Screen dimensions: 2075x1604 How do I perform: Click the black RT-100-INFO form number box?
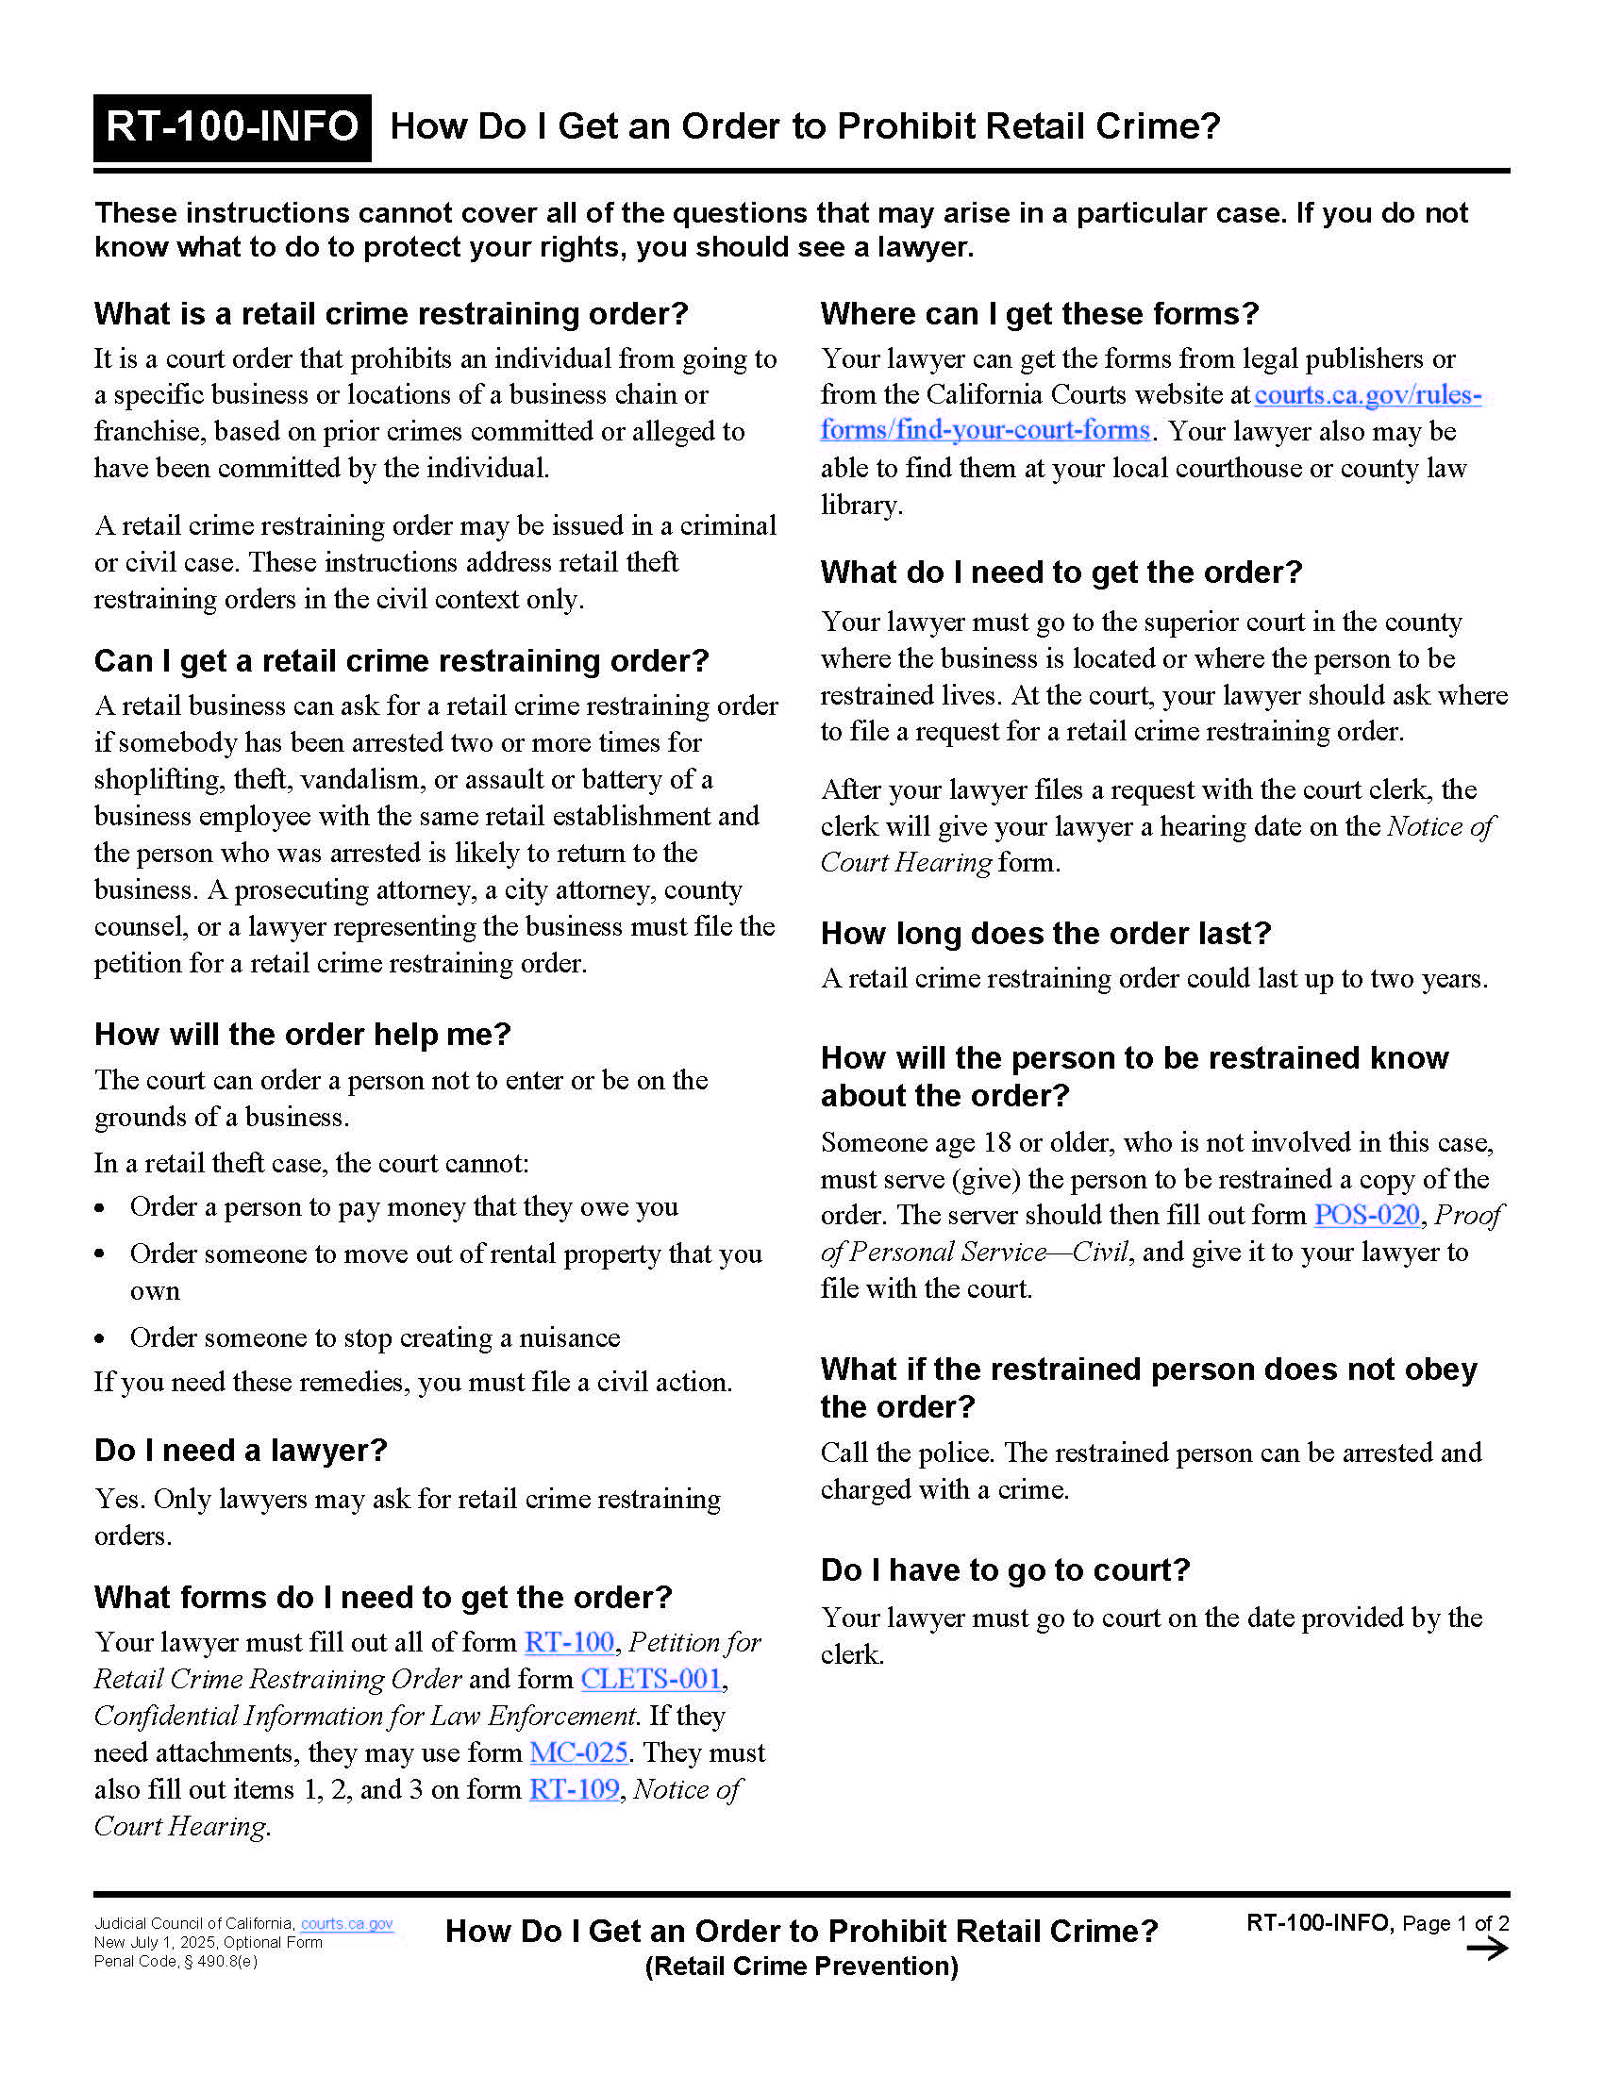pos(232,127)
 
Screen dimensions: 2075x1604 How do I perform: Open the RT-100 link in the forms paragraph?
pos(569,1642)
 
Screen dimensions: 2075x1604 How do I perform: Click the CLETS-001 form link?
pos(652,1679)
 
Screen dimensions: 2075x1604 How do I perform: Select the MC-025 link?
pos(578,1752)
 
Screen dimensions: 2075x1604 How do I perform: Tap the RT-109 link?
pos(574,1789)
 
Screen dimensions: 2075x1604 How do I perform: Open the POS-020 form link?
pos(1366,1214)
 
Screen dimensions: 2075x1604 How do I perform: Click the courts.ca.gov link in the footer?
pos(347,1923)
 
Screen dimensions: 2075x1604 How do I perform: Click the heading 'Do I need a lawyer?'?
pos(241,1450)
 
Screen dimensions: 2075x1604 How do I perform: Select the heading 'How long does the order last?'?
pos(1045,933)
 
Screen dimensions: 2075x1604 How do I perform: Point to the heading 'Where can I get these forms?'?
pos(1040,313)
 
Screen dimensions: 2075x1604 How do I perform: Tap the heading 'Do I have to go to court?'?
pos(1006,1569)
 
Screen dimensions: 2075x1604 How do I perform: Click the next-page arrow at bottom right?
pos(1487,1950)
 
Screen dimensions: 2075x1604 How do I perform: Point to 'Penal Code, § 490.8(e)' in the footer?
pos(175,1961)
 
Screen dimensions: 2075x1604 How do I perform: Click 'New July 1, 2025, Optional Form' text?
pos(209,1942)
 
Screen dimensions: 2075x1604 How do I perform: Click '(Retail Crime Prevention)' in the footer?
pos(801,1966)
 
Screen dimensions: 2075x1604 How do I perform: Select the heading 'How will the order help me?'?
pos(302,1034)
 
